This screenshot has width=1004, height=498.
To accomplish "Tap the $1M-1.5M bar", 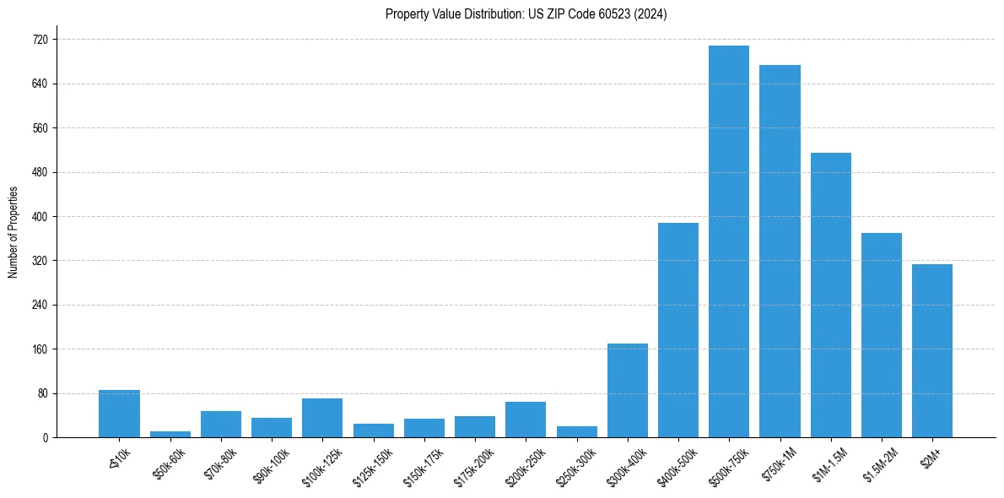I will pos(831,295).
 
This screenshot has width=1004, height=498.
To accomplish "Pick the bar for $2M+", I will pos(932,351).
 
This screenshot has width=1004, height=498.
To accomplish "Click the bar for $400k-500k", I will pos(678,330).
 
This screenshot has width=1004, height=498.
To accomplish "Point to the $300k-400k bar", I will pos(628,391).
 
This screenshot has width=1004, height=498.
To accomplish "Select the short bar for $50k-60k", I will pos(170,434).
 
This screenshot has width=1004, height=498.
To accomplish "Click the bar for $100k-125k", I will pos(322,418).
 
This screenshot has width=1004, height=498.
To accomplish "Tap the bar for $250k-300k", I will pos(577,431).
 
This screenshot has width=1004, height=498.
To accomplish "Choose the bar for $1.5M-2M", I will pos(882,335).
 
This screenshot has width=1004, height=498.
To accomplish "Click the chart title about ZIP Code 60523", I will pos(526,14).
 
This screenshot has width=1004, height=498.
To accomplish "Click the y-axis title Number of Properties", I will pos(13,231).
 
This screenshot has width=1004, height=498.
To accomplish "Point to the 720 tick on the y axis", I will pos(40,40).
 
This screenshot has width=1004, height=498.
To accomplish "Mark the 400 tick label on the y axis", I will pos(40,217).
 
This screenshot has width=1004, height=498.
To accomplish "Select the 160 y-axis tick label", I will pos(40,349).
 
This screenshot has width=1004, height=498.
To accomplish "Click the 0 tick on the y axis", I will pos(45,438).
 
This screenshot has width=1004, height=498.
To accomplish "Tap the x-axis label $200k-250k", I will pos(521,463).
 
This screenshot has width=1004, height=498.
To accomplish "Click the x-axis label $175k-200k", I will pos(471,463).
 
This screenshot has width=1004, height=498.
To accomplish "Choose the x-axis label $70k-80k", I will pos(221,460).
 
